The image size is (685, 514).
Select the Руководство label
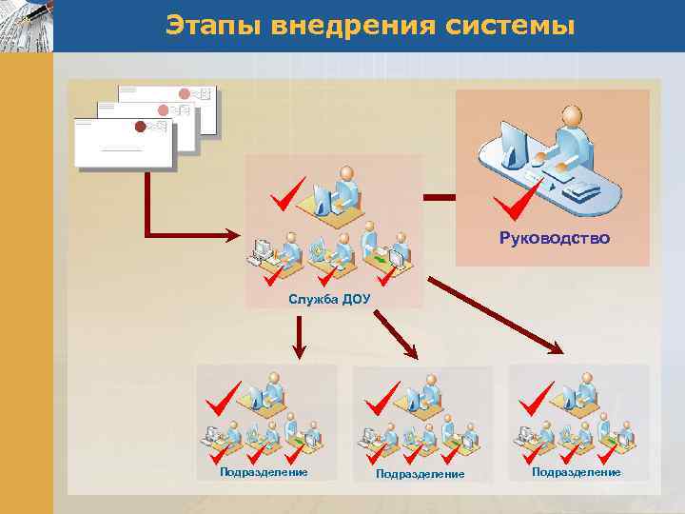pyautogui.click(x=554, y=237)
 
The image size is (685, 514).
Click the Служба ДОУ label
pyautogui.click(x=330, y=300)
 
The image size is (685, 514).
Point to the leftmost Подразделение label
pyautogui.click(x=264, y=472)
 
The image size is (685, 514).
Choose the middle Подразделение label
pyautogui.click(x=420, y=473)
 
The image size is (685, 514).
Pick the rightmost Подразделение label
pyautogui.click(x=576, y=472)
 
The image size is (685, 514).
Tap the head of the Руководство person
pyautogui.click(x=571, y=115)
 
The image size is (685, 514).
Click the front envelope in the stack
pyautogui.click(x=124, y=143)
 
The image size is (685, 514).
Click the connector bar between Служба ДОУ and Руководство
pyautogui.click(x=440, y=198)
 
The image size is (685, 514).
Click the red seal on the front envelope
pyautogui.click(x=141, y=127)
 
